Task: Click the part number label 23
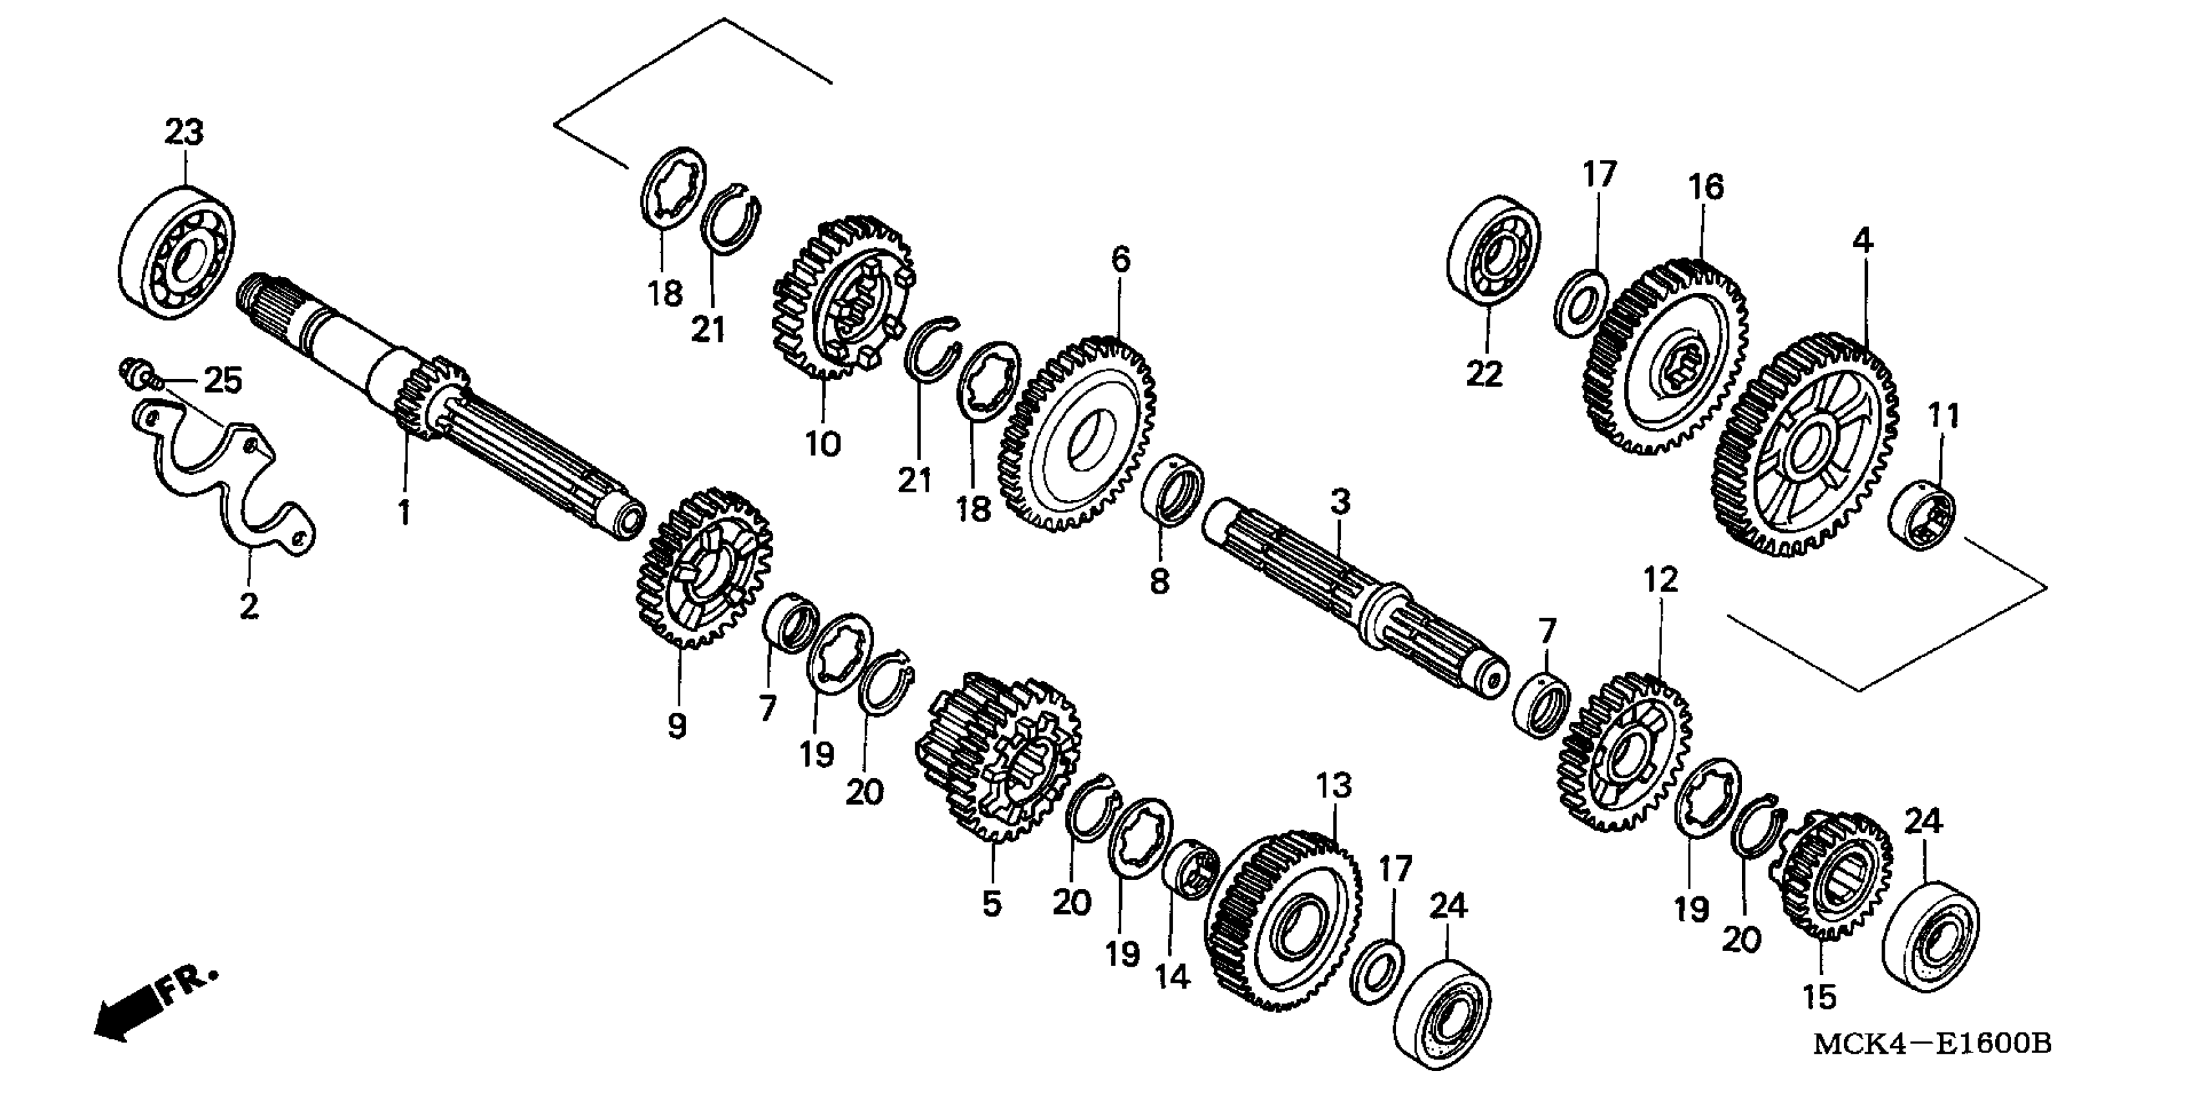point(185,133)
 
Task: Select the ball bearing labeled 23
point(177,253)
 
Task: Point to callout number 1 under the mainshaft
point(404,512)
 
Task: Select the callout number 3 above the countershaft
point(1340,501)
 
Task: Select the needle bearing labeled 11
point(1921,516)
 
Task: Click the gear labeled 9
point(704,568)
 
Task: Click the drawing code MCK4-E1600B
point(1931,1043)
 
